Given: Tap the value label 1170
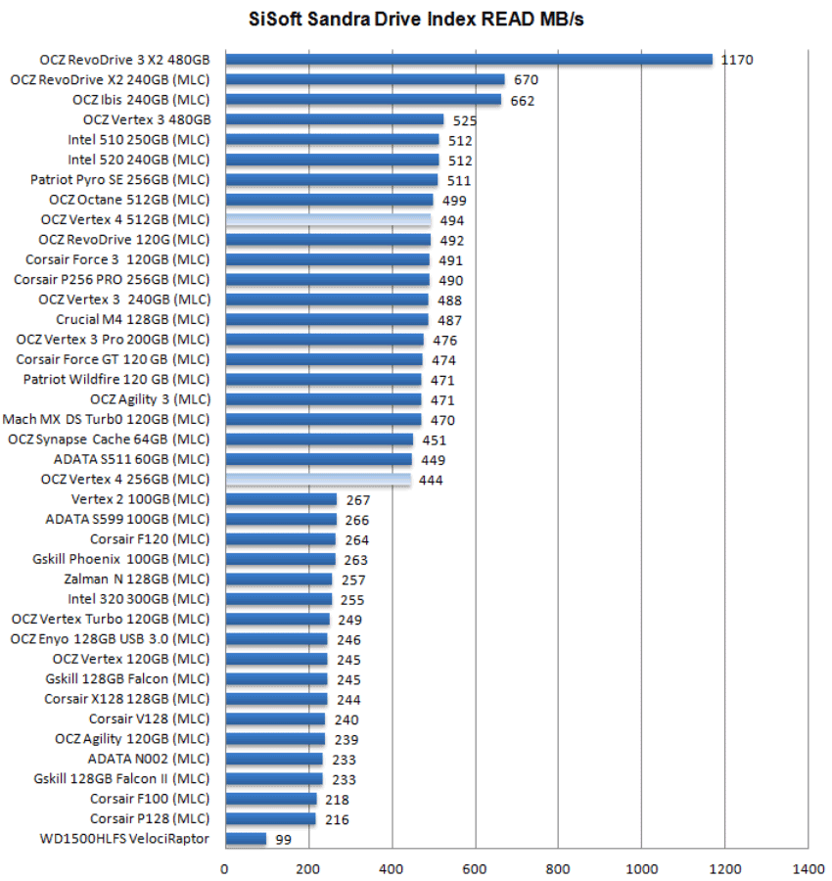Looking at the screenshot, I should pos(736,61).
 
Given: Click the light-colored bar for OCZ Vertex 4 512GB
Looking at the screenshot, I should pos(328,220).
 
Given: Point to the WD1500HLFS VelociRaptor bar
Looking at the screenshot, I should pos(246,839).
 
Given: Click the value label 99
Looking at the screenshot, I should pos(285,840).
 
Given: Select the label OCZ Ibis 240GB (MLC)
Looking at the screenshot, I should pos(141,100).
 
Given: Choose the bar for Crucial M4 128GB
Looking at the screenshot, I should pos(327,320).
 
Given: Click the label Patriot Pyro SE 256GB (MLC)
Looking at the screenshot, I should pos(120,180).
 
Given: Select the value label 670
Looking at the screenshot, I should pos(526,80).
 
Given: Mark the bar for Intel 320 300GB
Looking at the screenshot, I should pos(278,599).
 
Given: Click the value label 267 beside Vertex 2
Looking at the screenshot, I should pos(357,500).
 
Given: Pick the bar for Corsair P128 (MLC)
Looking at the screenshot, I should pos(270,819).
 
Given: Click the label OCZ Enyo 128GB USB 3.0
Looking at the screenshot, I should pos(110,639).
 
